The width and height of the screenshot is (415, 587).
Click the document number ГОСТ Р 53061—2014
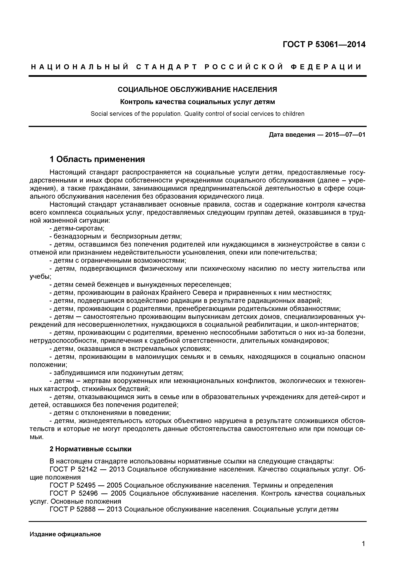[324, 45]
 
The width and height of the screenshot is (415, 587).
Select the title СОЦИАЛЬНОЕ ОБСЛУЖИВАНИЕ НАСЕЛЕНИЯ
[197, 90]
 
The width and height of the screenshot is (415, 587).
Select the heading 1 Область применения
[97, 159]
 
